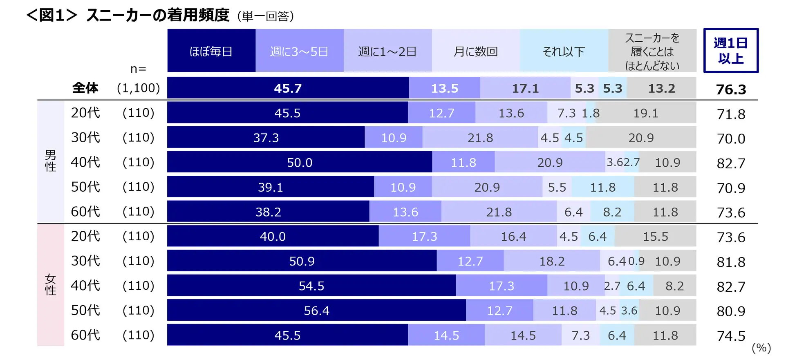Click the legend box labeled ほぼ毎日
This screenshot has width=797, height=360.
211,51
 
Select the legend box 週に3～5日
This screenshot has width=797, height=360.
299,51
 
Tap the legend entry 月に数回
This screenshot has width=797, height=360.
475,51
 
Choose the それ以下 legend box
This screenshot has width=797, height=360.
564,51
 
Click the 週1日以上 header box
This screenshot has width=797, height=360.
730,51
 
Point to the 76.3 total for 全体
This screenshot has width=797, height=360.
731,89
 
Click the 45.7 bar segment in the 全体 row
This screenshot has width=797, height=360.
288,88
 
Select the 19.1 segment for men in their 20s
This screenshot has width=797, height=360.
646,113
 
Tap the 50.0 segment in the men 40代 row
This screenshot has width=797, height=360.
300,163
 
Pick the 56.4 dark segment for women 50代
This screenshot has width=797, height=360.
316,311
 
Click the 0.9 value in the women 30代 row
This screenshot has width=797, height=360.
636,261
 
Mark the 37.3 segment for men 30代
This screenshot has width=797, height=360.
266,138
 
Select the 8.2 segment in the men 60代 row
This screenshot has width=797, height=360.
612,212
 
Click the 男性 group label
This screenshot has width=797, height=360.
50,161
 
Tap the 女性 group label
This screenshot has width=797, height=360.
50,285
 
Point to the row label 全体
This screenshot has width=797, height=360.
85,88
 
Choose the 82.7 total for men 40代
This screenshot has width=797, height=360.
731,163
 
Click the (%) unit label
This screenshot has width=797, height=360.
761,348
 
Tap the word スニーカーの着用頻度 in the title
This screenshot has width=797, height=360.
158,16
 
